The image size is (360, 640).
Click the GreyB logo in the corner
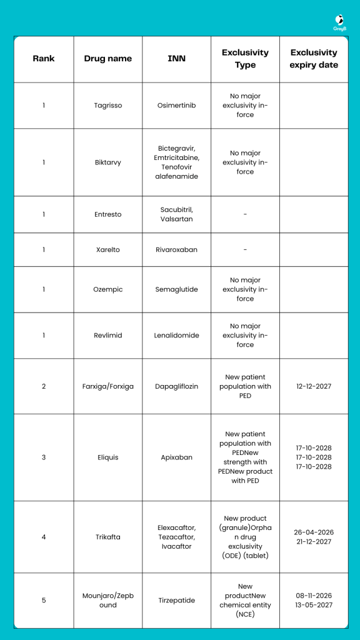339,22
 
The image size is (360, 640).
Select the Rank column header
44,59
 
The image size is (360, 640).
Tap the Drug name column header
107,59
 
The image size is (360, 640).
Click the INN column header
176,59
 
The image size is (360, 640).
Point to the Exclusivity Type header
245,59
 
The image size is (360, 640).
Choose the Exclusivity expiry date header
314,59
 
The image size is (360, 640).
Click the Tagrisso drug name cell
107,106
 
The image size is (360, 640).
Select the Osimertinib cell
176,106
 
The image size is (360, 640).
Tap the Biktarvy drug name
107,162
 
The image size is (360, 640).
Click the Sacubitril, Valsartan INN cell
176,214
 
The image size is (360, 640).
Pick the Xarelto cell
107,250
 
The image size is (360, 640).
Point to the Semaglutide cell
176,289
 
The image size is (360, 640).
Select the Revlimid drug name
107,336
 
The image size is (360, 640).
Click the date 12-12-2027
314,386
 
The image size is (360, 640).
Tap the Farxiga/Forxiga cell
107,386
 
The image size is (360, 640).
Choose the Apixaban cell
176,457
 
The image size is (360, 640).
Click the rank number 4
44,537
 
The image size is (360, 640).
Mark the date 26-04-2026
314,532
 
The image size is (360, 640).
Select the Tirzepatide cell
176,601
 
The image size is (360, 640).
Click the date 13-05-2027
314,605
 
